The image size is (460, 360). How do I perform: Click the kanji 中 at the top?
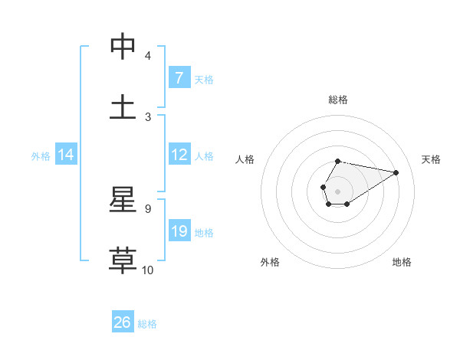coord(123,47)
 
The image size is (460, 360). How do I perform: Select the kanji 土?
coord(123,107)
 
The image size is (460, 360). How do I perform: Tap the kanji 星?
coord(123,201)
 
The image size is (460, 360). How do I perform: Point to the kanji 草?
coord(123,260)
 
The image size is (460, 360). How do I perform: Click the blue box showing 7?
coord(179,78)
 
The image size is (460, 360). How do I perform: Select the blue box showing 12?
coord(179,155)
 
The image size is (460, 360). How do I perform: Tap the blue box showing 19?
coord(179,231)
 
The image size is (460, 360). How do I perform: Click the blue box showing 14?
coord(66,155)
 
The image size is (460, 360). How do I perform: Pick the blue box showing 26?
coord(123,322)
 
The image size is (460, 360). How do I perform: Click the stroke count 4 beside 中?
coord(148,56)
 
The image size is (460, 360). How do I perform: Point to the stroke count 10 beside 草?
coord(148,270)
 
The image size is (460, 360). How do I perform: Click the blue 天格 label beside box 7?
coord(204,79)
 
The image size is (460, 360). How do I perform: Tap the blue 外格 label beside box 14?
coord(41,155)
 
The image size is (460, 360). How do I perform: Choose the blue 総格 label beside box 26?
coord(147,323)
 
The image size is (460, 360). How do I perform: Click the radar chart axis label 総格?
coord(338,100)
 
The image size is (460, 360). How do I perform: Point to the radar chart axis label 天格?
coord(431,159)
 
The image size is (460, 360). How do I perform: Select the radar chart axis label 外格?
coord(270,262)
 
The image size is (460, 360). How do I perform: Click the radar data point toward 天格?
coord(396,172)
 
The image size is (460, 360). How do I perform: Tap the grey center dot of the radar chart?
coord(337,190)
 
